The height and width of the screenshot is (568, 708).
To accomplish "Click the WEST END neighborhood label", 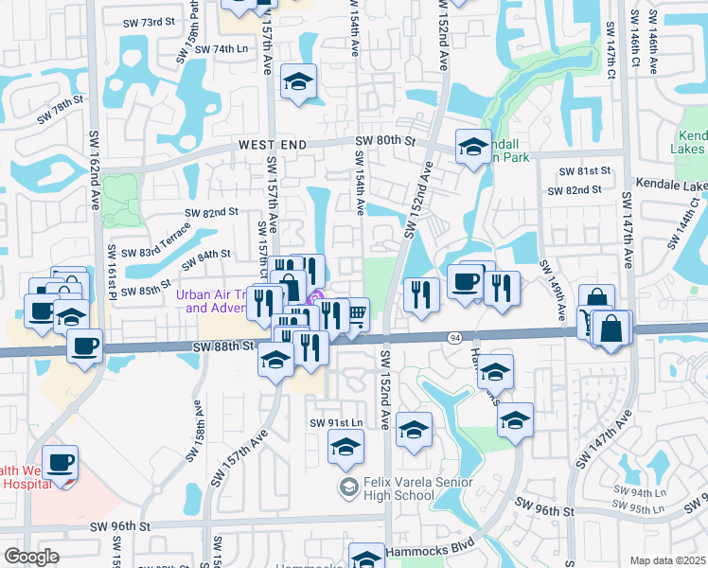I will point(273,143).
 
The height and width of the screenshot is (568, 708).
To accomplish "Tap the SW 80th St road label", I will point(385,141).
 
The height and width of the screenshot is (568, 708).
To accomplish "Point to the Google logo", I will point(31,557).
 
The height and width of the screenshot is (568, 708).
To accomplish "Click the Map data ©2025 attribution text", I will point(668,559).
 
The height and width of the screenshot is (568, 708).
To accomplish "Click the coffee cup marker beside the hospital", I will point(61,463).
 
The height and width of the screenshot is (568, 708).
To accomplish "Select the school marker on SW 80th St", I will point(473,146).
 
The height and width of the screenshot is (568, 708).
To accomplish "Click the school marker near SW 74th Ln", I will point(298,82).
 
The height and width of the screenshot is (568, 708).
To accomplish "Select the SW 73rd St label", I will point(150,20).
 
